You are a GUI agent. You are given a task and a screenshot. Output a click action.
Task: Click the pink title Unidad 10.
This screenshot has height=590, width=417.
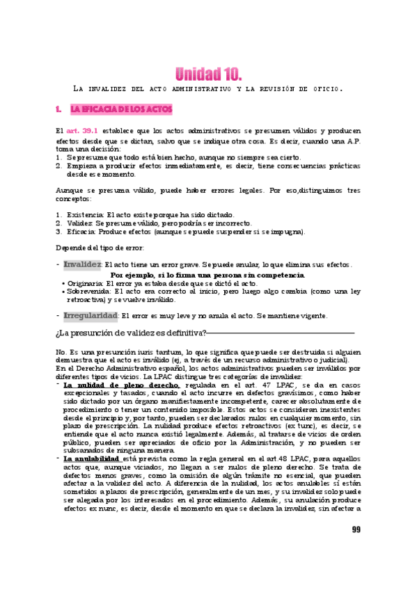(208, 73)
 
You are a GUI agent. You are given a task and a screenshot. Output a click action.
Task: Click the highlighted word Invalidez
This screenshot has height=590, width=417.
(82, 264)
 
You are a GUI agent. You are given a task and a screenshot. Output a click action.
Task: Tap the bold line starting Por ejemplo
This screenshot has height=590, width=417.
(207, 276)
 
